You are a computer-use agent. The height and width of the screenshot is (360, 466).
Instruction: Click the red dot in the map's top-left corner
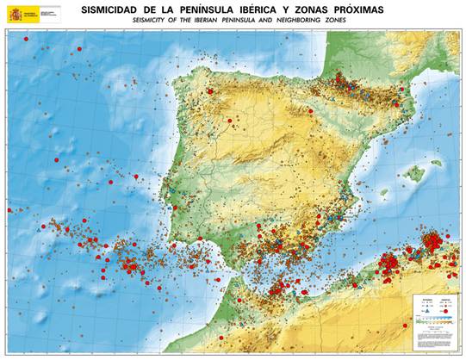(x=26, y=39)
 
